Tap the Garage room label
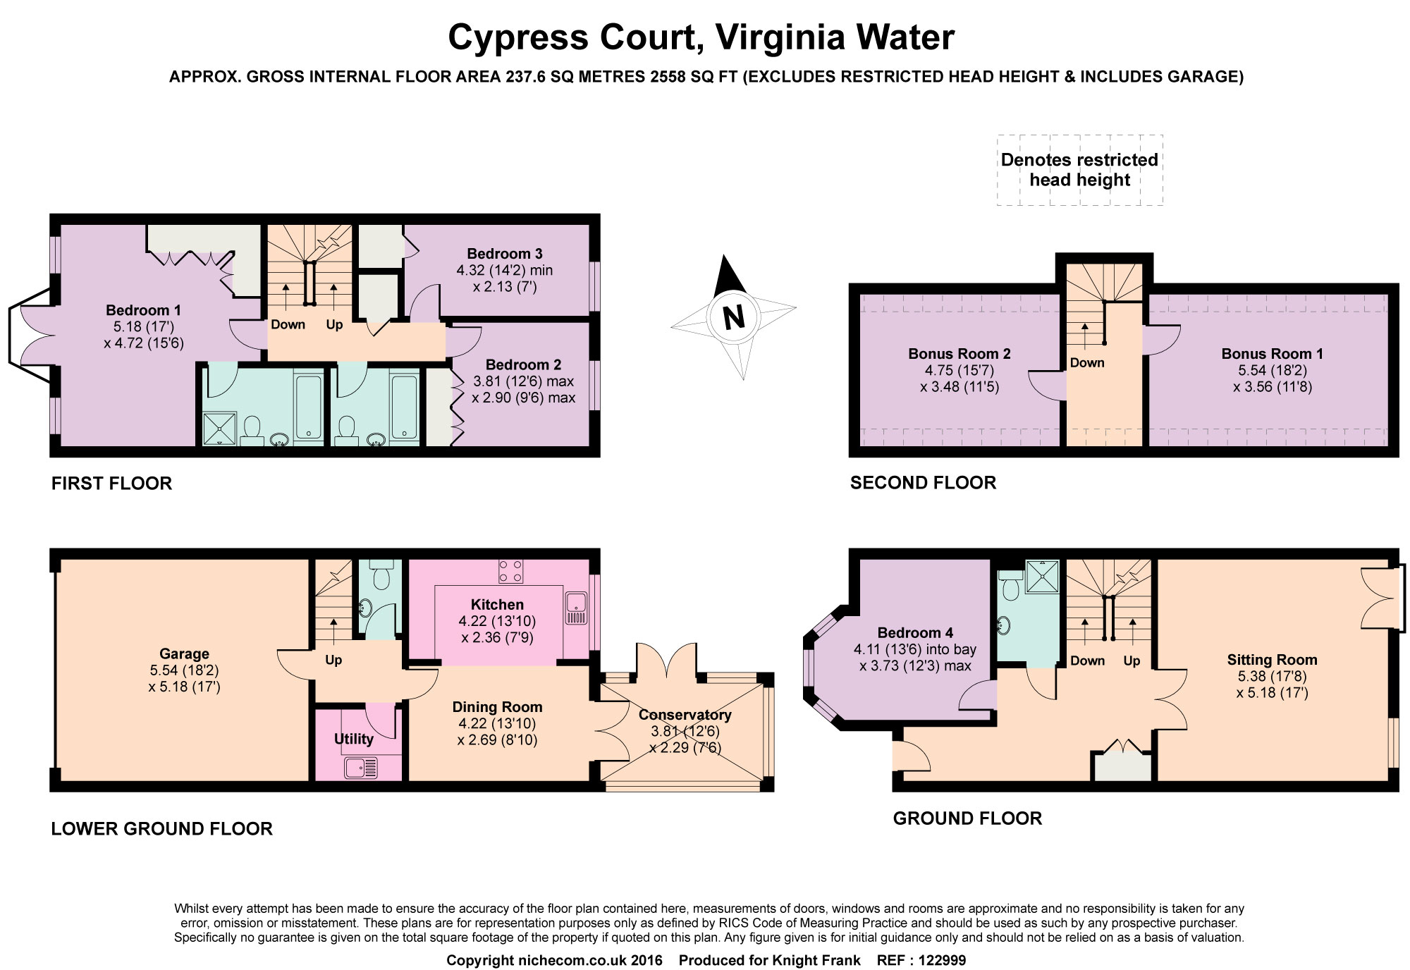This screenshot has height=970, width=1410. [x=184, y=653]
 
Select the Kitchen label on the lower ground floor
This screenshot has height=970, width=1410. [x=497, y=604]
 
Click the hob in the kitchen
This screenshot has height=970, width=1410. [x=510, y=571]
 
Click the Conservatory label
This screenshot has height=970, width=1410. [x=685, y=715]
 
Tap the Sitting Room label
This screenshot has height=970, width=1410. [x=1272, y=660]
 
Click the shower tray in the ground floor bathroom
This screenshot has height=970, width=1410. [x=1042, y=577]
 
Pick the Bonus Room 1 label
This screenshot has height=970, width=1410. [x=1272, y=354]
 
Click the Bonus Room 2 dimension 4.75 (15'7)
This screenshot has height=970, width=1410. [x=960, y=370]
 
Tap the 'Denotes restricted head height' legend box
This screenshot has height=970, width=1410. [x=1079, y=170]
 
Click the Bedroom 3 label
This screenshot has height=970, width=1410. [x=504, y=254]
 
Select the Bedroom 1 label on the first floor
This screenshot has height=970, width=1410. [x=143, y=310]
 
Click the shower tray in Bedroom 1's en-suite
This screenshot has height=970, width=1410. [x=220, y=429]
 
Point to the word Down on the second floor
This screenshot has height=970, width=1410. [x=1087, y=363]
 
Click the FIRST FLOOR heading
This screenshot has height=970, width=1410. [x=111, y=484]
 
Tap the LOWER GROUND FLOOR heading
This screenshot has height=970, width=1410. [x=161, y=828]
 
